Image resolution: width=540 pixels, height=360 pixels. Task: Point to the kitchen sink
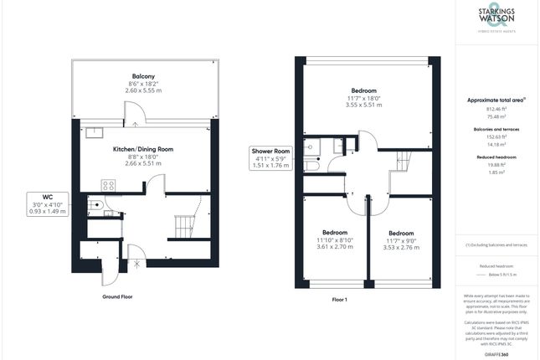[x=92, y=131]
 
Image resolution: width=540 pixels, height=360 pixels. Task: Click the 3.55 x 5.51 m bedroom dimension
[x=363, y=105]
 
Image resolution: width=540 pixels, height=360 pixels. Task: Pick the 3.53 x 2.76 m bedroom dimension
[x=400, y=248]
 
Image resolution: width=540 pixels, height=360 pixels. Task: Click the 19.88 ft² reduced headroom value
[x=496, y=165]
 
